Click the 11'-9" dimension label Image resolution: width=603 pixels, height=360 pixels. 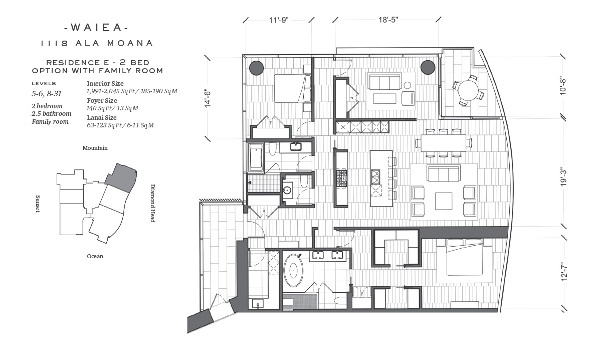pyautogui.click(x=279, y=20)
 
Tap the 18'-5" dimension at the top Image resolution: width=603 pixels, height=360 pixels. pyautogui.click(x=388, y=20)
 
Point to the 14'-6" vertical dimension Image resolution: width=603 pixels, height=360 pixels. pyautogui.click(x=208, y=98)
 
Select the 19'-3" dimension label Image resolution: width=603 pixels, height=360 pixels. pyautogui.click(x=563, y=177)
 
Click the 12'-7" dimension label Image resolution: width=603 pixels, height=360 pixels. pyautogui.click(x=564, y=272)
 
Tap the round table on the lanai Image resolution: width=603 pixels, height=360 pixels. pyautogui.click(x=468, y=90)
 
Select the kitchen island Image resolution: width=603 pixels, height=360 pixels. pyautogui.click(x=381, y=178)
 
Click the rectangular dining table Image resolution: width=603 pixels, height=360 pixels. pyautogui.click(x=444, y=143)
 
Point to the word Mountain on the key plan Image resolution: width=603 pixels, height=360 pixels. pyautogui.click(x=95, y=148)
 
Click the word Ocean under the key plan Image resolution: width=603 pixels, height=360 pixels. pyautogui.click(x=95, y=256)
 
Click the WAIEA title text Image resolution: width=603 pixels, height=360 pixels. pyautogui.click(x=96, y=28)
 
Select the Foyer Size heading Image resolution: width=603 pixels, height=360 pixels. pyautogui.click(x=102, y=100)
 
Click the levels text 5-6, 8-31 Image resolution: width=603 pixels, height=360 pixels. pyautogui.click(x=47, y=94)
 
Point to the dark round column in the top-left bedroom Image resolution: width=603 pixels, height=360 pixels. pyautogui.click(x=256, y=68)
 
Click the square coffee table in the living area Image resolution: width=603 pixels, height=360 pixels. pyautogui.click(x=444, y=201)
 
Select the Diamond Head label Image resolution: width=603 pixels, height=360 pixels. pyautogui.click(x=153, y=203)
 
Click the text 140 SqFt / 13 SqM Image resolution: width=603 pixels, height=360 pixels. pyautogui.click(x=112, y=108)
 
